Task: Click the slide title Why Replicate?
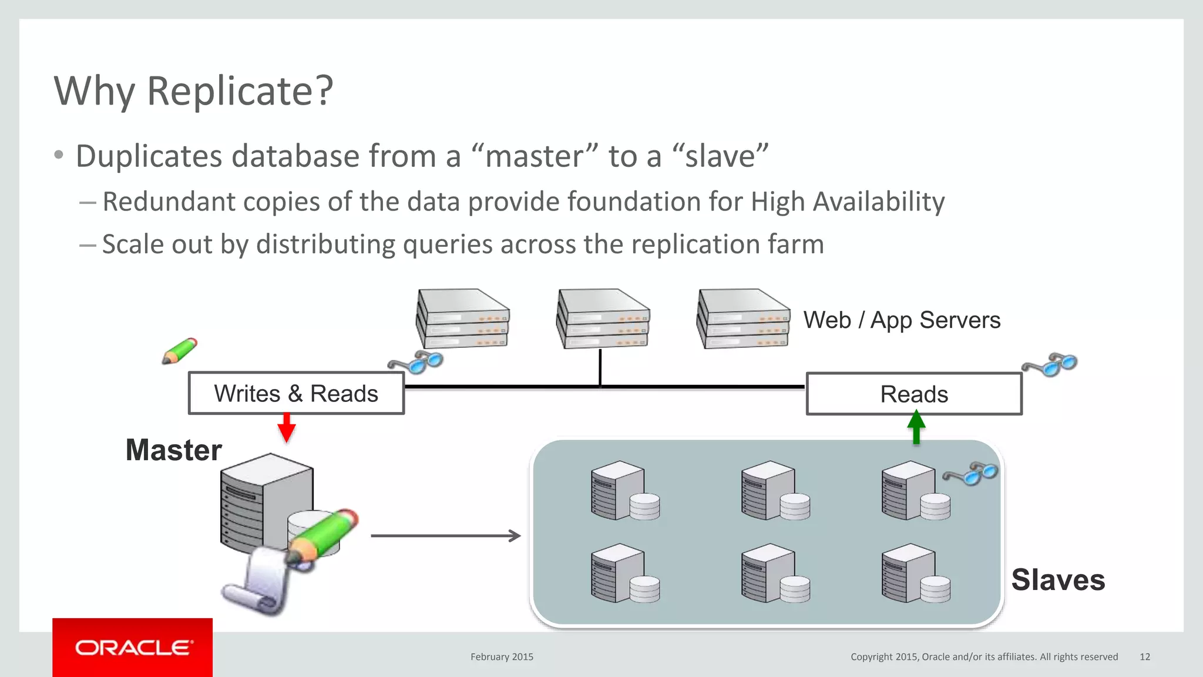click(x=194, y=92)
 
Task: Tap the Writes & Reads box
click(x=296, y=394)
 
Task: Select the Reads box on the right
click(x=914, y=394)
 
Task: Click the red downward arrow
click(x=286, y=428)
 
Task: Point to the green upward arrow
click(x=916, y=427)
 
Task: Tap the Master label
click(x=174, y=450)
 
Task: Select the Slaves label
click(x=1058, y=580)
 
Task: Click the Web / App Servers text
click(x=902, y=320)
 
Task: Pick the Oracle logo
click(x=133, y=648)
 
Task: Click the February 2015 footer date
click(x=502, y=657)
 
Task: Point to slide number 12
click(x=1145, y=657)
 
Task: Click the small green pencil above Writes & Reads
click(x=180, y=351)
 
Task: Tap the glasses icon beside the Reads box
click(x=1050, y=364)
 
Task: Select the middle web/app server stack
click(x=603, y=319)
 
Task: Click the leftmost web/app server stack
click(x=463, y=319)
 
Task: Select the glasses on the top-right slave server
click(x=970, y=473)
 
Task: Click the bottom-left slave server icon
click(x=624, y=574)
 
